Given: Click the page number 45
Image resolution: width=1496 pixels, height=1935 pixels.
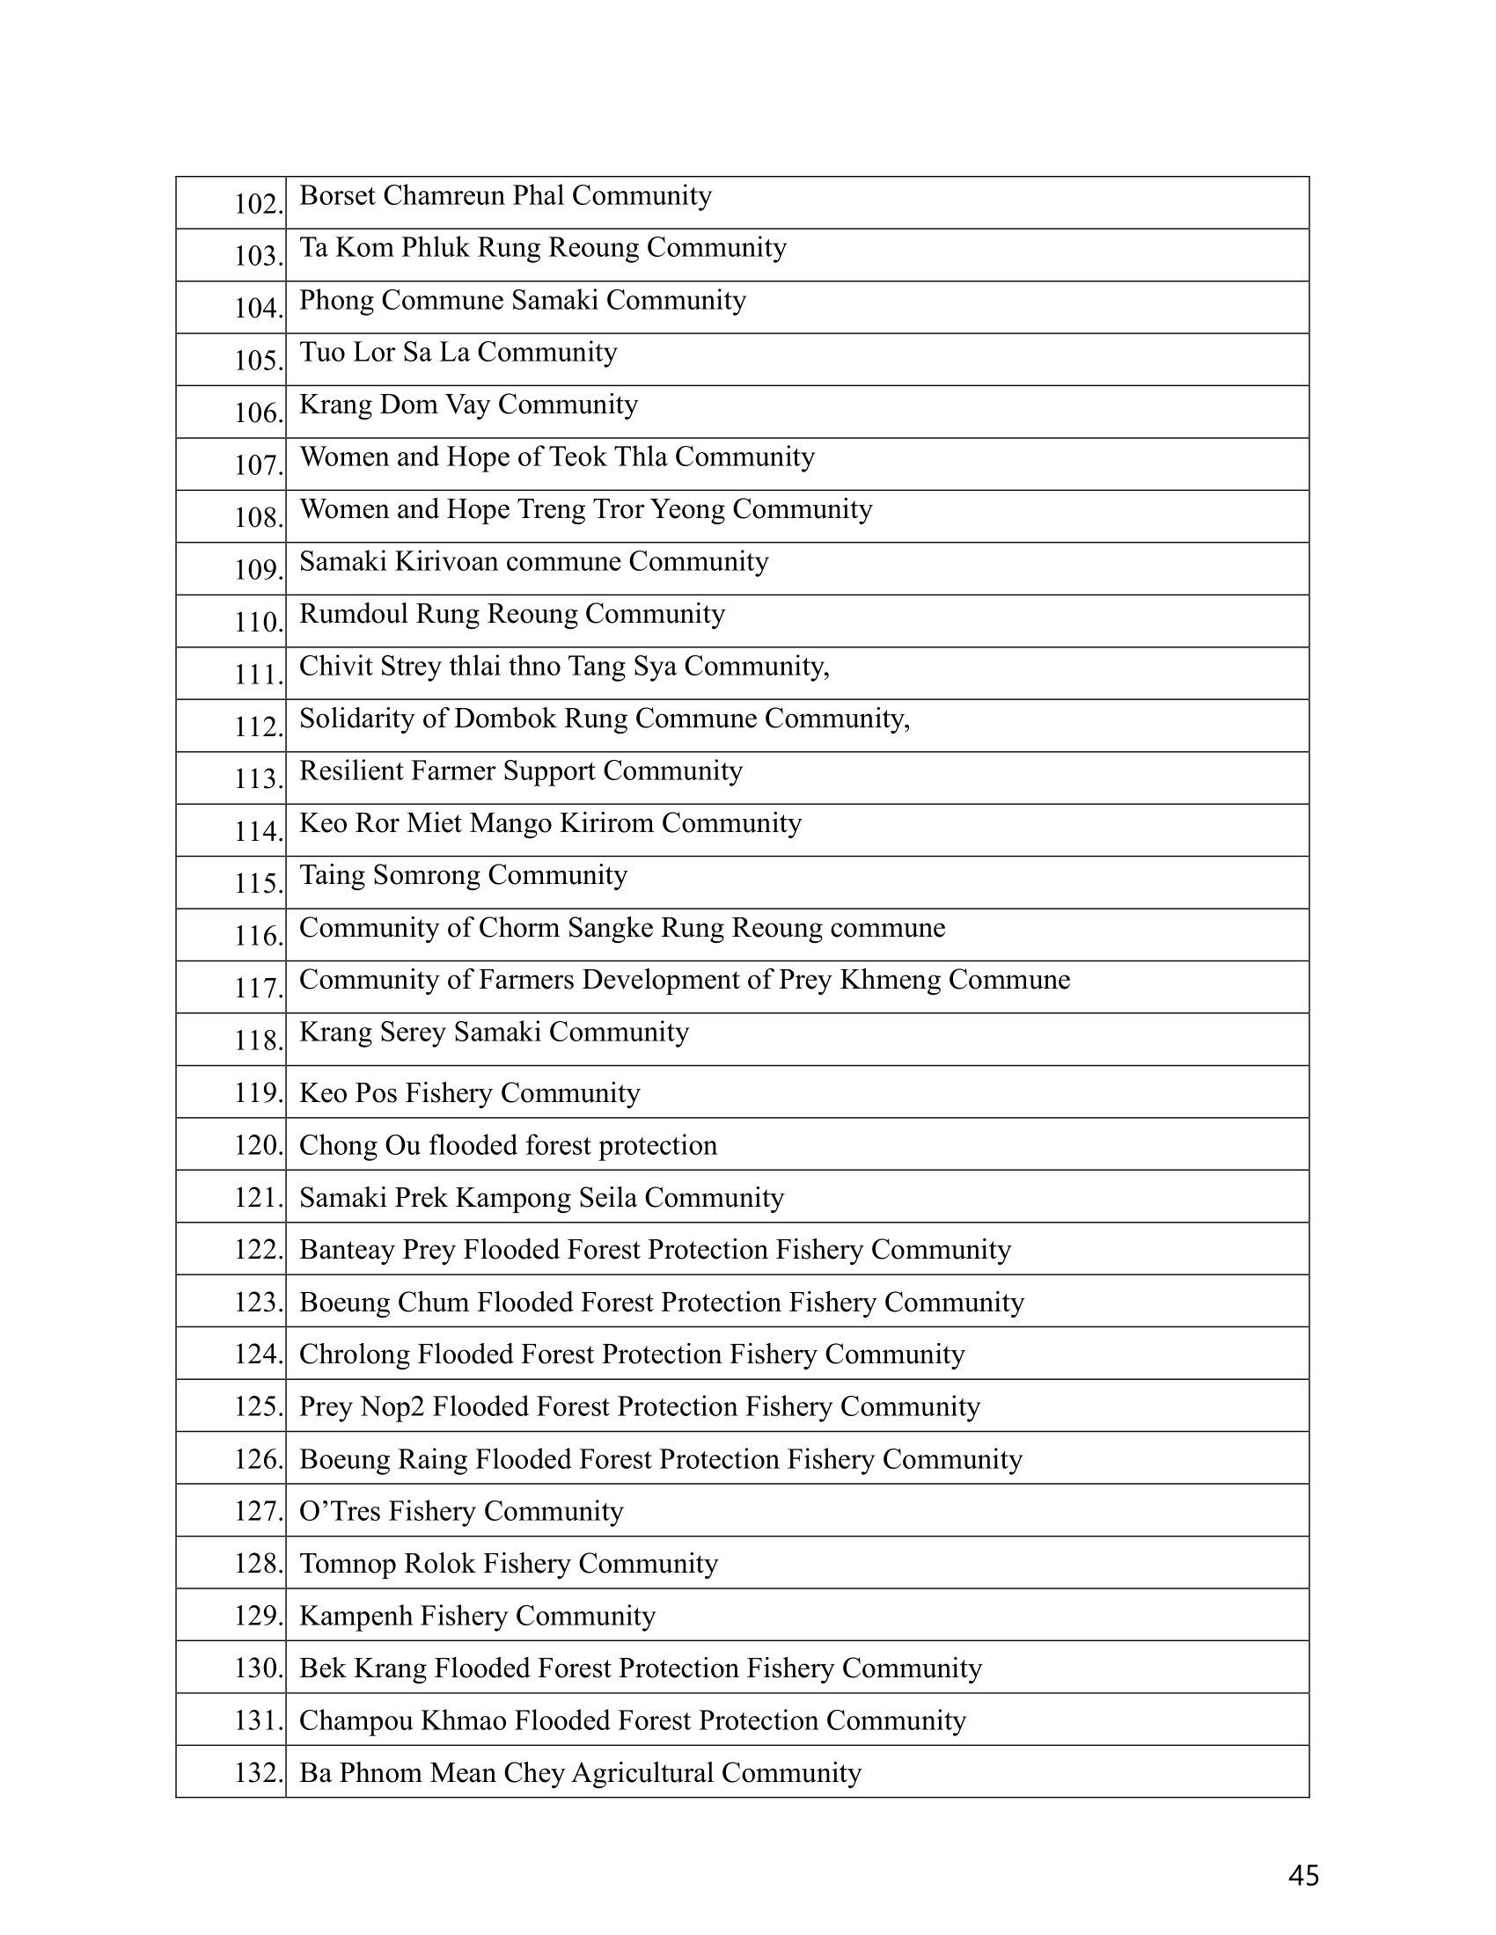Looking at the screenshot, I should click(x=1302, y=1875).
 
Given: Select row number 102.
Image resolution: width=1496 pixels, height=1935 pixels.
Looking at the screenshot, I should click(x=258, y=204).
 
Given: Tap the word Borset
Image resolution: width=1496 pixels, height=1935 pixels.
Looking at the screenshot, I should click(x=338, y=195).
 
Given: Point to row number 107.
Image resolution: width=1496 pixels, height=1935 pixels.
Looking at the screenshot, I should click(x=258, y=465).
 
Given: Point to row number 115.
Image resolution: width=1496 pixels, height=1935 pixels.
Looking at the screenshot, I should click(x=258, y=883).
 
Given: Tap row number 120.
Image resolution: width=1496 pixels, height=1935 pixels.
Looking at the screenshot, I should click(x=258, y=1145).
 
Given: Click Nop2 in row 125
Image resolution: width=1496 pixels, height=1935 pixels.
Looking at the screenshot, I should click(x=392, y=1407).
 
